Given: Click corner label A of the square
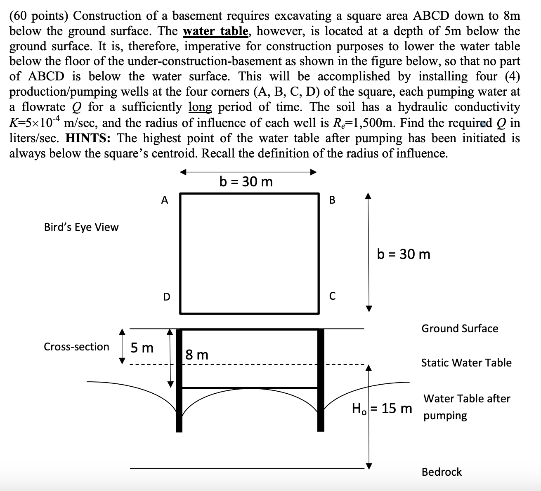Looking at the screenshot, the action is coord(165,200).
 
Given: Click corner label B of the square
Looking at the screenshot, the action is coord(333,200).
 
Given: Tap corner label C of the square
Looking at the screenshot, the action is coord(333,296).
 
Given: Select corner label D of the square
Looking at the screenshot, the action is coord(166,297).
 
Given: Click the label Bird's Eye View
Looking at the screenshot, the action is coord(81,227).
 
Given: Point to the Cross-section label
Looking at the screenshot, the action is coord(76,347).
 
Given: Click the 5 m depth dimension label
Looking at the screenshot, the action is coord(142,348).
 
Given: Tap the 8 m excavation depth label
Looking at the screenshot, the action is coord(197,355).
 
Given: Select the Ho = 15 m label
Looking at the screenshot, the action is coord(382,409).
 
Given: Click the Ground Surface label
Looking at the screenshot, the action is coord(460,329).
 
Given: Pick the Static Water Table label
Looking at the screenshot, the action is coord(466,363).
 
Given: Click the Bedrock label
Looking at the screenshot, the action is coord(442,472).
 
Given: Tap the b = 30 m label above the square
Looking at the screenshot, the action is coord(246,181).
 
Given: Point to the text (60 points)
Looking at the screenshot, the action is coord(39,16).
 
